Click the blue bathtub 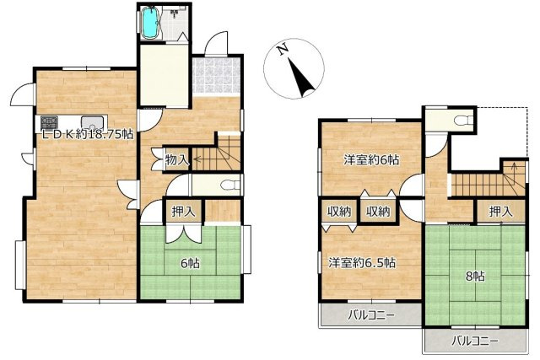149,23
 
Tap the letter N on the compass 283,50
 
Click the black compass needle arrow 301,78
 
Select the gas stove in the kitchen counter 49,123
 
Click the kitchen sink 92,123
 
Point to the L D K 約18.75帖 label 88,135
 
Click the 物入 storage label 177,159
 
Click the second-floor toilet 463,121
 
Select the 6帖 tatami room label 190,263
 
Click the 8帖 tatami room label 475,276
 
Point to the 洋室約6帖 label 371,159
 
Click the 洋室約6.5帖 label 362,263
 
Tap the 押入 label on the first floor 184,212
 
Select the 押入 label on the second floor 500,212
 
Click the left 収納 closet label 339,212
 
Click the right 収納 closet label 378,212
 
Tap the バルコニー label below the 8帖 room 475,341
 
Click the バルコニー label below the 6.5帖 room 371,314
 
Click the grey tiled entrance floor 216,76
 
